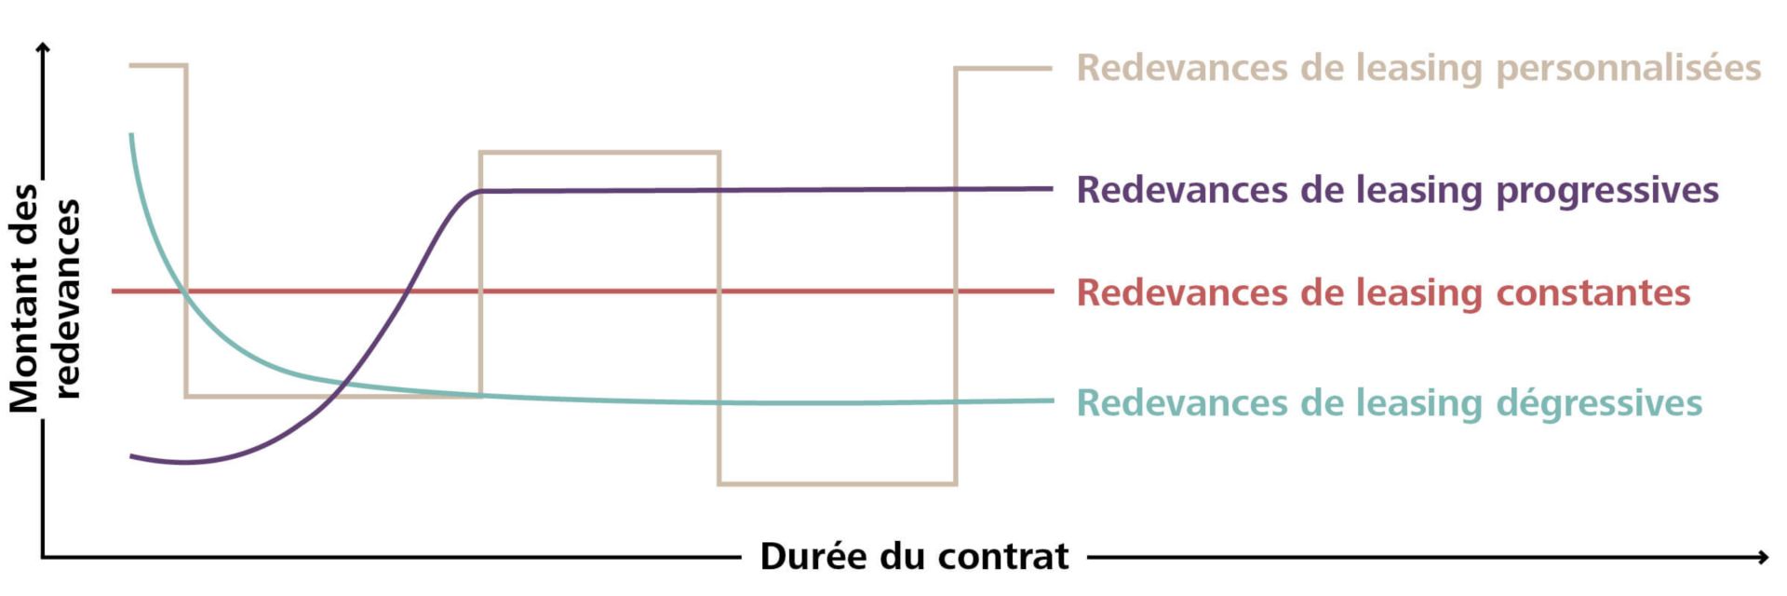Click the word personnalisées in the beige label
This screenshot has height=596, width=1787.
point(1628,68)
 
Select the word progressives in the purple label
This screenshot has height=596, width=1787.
point(1606,190)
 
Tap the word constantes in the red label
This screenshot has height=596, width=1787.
point(1592,292)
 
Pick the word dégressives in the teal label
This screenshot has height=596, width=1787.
point(1599,403)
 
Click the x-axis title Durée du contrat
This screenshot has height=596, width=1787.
point(914,556)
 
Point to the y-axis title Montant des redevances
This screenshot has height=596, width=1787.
point(44,298)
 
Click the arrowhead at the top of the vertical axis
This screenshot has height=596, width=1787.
point(43,47)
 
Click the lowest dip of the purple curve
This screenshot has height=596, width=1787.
point(186,462)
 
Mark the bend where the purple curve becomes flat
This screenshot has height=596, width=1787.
point(478,191)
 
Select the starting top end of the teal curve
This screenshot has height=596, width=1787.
point(131,136)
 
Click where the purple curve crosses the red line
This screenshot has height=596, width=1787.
point(406,291)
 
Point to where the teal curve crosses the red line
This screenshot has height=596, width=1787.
point(184,291)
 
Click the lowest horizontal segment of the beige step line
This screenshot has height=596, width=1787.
point(837,483)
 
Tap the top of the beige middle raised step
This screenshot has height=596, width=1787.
point(599,152)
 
